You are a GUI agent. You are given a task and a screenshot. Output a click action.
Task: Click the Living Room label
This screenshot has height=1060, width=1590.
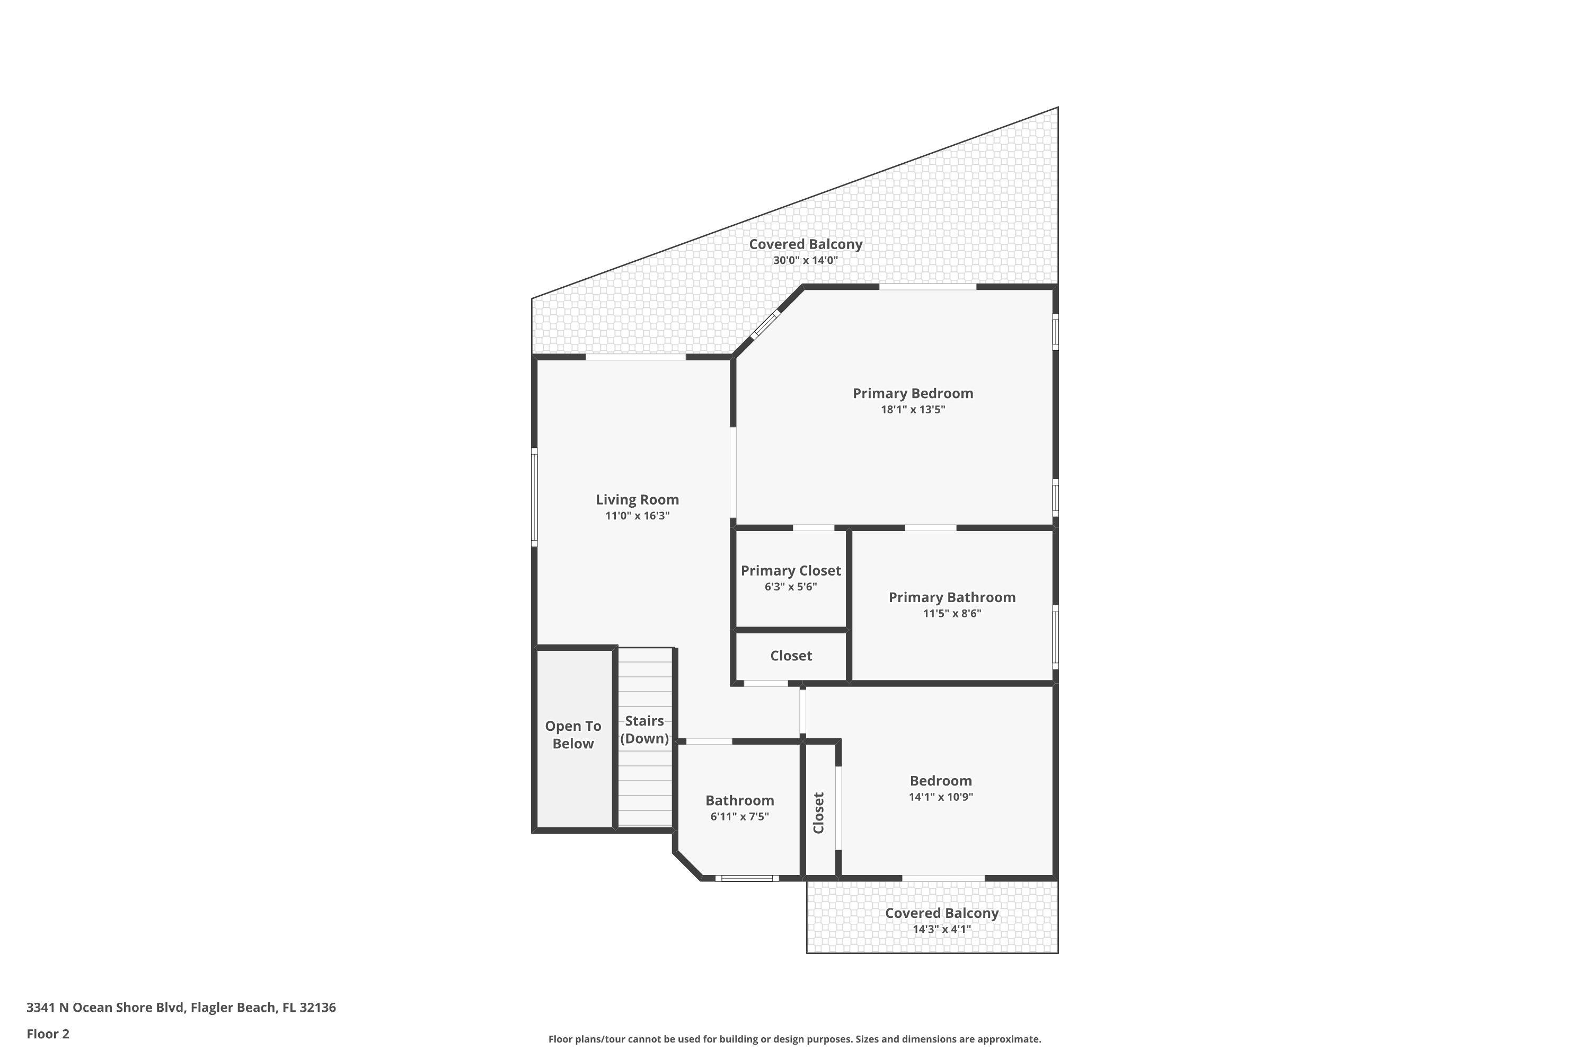point(637,500)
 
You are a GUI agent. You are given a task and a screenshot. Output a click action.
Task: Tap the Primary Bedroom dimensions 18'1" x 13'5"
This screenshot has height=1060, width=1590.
point(913,409)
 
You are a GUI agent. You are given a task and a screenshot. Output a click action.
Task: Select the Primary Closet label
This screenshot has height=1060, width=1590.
point(790,571)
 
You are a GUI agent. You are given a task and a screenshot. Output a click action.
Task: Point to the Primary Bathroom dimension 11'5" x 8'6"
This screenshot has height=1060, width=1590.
point(952,613)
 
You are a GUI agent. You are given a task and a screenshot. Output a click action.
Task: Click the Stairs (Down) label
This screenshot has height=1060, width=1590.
point(644,729)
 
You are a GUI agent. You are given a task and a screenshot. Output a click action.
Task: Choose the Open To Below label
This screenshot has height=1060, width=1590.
point(573,735)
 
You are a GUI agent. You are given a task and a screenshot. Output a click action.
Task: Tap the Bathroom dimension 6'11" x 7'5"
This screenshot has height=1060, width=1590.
point(739,816)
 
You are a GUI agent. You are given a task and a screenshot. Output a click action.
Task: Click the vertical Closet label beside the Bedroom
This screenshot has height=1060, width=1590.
point(818,812)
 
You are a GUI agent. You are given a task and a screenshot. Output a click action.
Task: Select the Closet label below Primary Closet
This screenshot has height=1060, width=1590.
point(791,656)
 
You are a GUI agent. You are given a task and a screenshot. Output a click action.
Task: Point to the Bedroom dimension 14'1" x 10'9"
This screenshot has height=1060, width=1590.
point(940,797)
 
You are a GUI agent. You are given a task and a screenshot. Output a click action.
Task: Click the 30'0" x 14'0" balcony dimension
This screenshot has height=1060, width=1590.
point(805,260)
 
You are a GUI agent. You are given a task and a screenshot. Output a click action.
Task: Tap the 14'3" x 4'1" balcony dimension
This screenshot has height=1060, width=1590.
point(942,929)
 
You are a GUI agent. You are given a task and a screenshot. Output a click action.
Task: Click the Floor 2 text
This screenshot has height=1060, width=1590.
point(48,1033)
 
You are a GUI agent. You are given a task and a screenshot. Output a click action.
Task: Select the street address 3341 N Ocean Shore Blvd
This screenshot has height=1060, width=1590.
point(105,1008)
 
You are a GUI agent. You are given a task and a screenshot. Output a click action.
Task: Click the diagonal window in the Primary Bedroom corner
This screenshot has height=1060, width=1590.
point(765,324)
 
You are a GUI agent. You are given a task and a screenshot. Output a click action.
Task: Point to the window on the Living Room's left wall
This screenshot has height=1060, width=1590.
point(534,498)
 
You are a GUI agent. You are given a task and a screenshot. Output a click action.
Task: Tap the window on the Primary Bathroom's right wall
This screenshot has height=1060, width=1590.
point(1055,637)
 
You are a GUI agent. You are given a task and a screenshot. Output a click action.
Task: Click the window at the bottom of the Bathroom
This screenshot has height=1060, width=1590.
point(747,878)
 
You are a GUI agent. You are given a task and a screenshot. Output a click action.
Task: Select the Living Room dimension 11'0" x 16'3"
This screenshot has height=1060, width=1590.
point(637,516)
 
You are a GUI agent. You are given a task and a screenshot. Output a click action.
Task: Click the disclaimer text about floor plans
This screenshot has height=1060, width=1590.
point(794,1039)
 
